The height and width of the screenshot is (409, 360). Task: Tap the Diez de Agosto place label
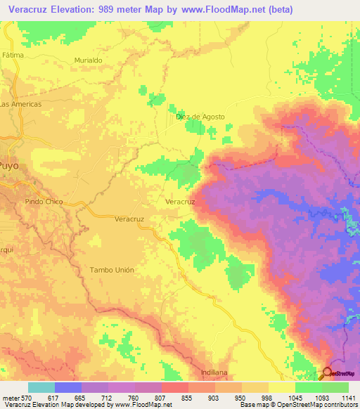coord(200,117)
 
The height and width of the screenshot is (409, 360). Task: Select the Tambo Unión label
coord(111,270)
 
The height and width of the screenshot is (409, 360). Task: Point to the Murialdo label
coord(89,60)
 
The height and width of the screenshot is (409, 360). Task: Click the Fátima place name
coord(13,55)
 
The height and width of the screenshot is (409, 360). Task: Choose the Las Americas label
coord(21,103)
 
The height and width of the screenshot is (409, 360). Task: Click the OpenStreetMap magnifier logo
coord(328,372)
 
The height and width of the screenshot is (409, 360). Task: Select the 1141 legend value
coord(348,397)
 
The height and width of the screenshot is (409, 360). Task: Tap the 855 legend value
coord(187,397)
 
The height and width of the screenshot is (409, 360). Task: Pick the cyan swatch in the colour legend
coord(41,387)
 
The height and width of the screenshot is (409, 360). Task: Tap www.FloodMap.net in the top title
coord(219,9)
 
